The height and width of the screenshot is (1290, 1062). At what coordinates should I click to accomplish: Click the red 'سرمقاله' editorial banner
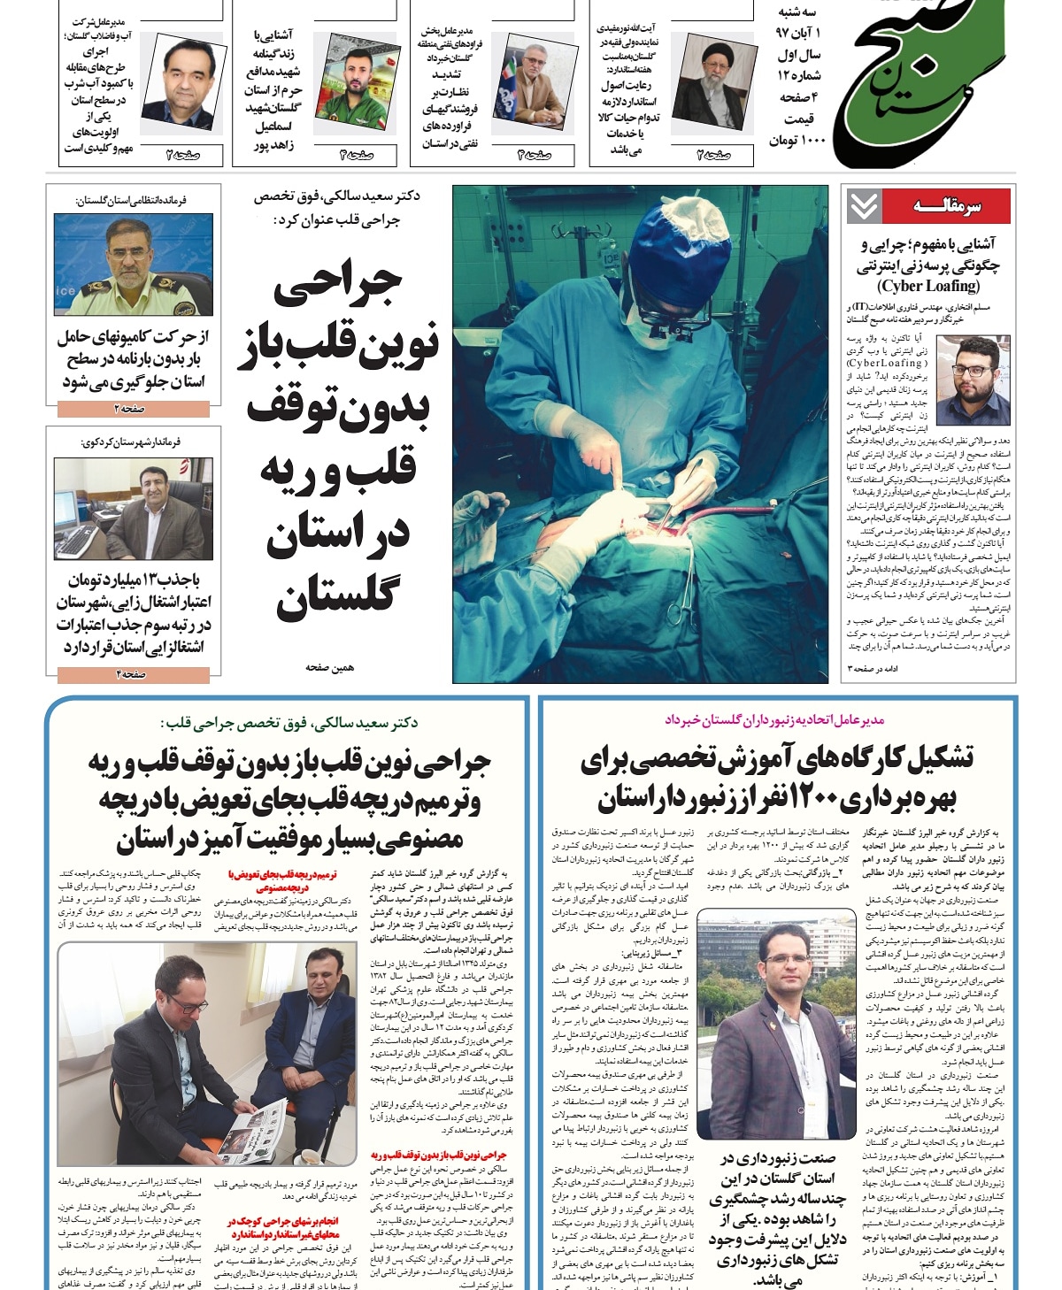pos(946,206)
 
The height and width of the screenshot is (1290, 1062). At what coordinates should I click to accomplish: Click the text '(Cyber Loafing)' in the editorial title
pos(928,286)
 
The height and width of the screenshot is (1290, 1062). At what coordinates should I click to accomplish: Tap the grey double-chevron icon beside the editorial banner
pos(863,206)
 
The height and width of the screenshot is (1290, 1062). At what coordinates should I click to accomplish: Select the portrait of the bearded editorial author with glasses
pos(973,380)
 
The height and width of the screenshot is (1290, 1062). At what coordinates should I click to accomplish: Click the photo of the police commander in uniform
pos(133,265)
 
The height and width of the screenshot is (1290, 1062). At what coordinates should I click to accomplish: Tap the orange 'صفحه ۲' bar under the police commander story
pos(133,409)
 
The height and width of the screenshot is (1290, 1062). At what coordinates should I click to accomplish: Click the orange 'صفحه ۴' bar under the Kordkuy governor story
pos(133,674)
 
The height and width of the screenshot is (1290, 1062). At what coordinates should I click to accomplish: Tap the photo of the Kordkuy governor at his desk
pos(133,508)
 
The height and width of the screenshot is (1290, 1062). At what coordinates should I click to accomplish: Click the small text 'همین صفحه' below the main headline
pos(329,667)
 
